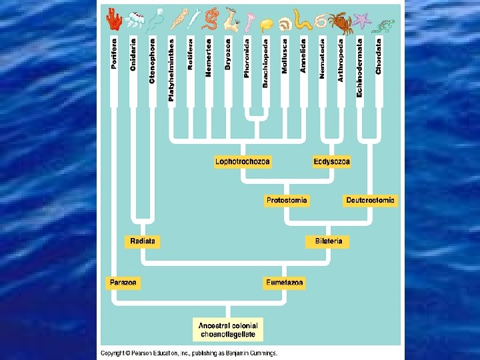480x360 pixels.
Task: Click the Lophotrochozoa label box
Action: click(x=243, y=161)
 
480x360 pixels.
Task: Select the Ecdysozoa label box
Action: click(x=331, y=161)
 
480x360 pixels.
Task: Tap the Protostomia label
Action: click(x=287, y=200)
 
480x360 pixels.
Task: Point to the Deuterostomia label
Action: click(x=370, y=200)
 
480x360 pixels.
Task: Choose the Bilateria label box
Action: click(x=328, y=241)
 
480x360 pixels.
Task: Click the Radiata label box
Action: click(x=143, y=241)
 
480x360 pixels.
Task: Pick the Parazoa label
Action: click(x=124, y=283)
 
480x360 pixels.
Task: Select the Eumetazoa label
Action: click(x=285, y=283)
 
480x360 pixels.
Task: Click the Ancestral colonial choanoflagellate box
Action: click(x=228, y=329)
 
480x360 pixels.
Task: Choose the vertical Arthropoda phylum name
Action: click(x=341, y=59)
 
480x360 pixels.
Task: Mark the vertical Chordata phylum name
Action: click(x=379, y=56)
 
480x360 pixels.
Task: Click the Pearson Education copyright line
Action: click(x=189, y=353)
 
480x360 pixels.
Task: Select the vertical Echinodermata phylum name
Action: click(x=360, y=66)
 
